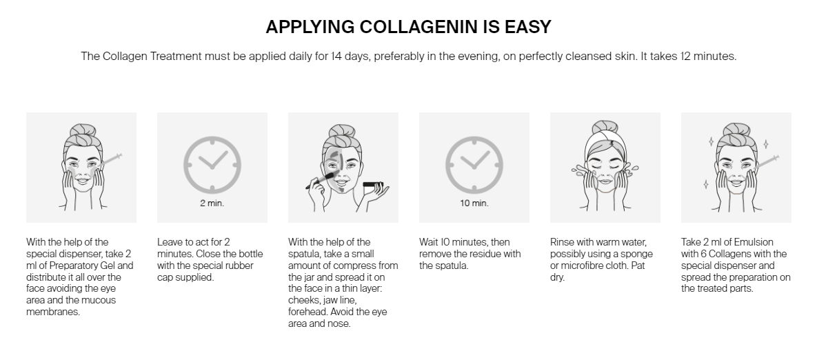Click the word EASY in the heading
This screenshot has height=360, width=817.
pyautogui.click(x=528, y=27)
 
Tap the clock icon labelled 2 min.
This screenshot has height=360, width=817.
pyautogui.click(x=212, y=165)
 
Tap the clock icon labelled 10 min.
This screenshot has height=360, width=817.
pyautogui.click(x=474, y=165)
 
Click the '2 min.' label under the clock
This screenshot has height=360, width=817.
pyautogui.click(x=212, y=203)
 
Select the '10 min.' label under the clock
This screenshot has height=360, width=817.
pyautogui.click(x=474, y=203)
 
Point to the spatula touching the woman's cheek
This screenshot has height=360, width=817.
pyautogui.click(x=320, y=180)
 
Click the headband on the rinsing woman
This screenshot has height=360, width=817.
pyautogui.click(x=605, y=141)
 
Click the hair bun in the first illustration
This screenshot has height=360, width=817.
pyautogui.click(x=83, y=131)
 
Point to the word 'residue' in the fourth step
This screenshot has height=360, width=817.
pyautogui.click(x=478, y=254)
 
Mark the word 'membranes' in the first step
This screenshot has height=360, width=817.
pyautogui.click(x=52, y=312)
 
